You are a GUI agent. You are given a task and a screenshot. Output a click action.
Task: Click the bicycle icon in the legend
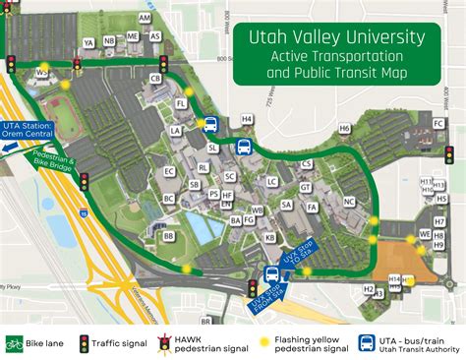pos(15,343)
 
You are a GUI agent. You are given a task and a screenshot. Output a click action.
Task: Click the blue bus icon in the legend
pos(365,342)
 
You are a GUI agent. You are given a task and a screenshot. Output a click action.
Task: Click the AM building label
pos(146,19)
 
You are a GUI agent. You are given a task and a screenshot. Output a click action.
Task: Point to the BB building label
pos(168,236)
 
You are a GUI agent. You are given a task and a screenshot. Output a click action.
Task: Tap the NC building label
pos(349,202)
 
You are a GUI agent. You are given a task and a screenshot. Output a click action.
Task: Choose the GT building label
pos(306,187)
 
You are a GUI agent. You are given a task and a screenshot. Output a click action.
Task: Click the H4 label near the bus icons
pos(247,119)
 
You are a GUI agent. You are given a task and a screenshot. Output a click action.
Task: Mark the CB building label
pos(155,78)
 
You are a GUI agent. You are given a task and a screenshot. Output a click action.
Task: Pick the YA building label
pos(88,42)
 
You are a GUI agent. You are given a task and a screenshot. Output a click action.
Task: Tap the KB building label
pos(269,236)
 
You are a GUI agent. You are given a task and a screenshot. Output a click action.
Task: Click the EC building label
pos(169,172)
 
